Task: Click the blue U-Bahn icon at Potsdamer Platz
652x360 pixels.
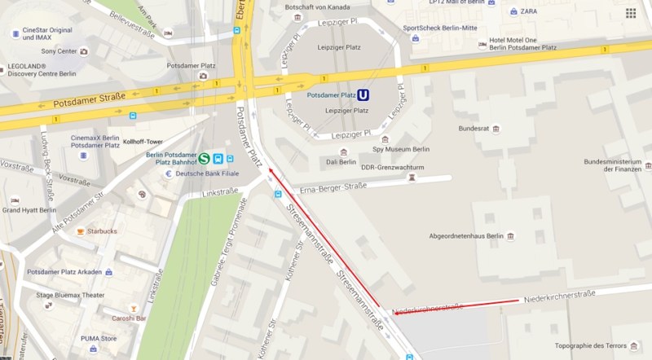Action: click(363, 94)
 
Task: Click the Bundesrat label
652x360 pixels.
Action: click(474, 128)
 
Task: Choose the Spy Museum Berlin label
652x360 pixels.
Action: click(401, 149)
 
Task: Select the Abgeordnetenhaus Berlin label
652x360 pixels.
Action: click(467, 236)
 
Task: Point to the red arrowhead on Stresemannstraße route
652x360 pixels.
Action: click(270, 170)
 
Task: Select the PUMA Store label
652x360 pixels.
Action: click(99, 338)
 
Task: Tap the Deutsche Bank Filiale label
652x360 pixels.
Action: click(208, 173)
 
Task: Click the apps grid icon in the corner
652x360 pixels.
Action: click(631, 13)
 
